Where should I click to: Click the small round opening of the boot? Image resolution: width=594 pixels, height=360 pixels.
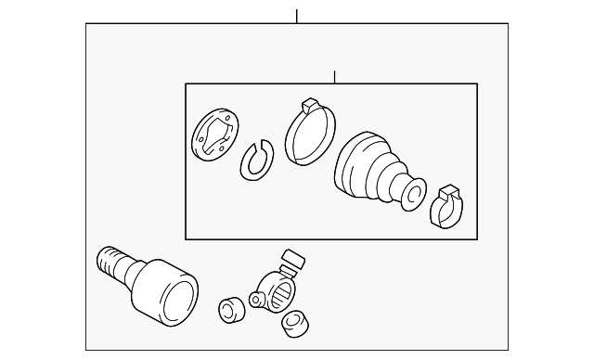point(414,194)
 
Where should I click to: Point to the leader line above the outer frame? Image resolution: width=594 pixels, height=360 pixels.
point(297,16)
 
